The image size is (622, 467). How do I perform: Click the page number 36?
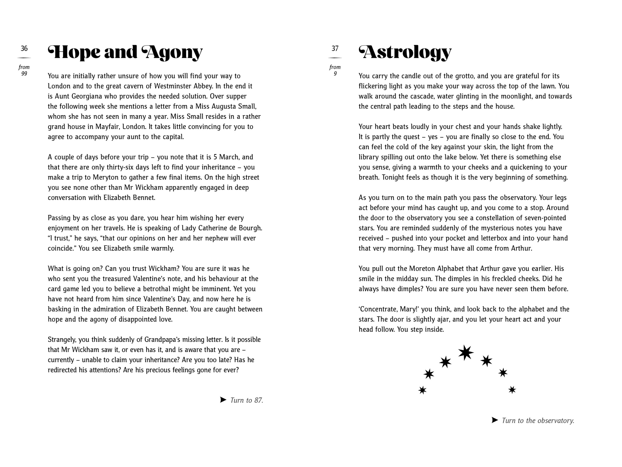click(x=24, y=48)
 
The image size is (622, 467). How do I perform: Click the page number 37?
click(x=335, y=48)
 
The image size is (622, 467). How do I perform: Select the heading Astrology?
click(x=405, y=53)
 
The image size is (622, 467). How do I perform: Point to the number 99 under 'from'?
click(x=24, y=74)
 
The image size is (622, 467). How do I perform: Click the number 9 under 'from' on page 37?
click(x=335, y=74)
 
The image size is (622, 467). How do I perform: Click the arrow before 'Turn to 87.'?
click(x=223, y=400)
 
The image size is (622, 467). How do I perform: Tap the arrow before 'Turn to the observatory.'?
click(x=495, y=420)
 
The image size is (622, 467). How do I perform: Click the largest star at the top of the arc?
click(x=466, y=352)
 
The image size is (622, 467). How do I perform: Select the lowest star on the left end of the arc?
click(x=422, y=390)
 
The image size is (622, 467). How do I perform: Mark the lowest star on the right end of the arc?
click(x=512, y=390)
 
